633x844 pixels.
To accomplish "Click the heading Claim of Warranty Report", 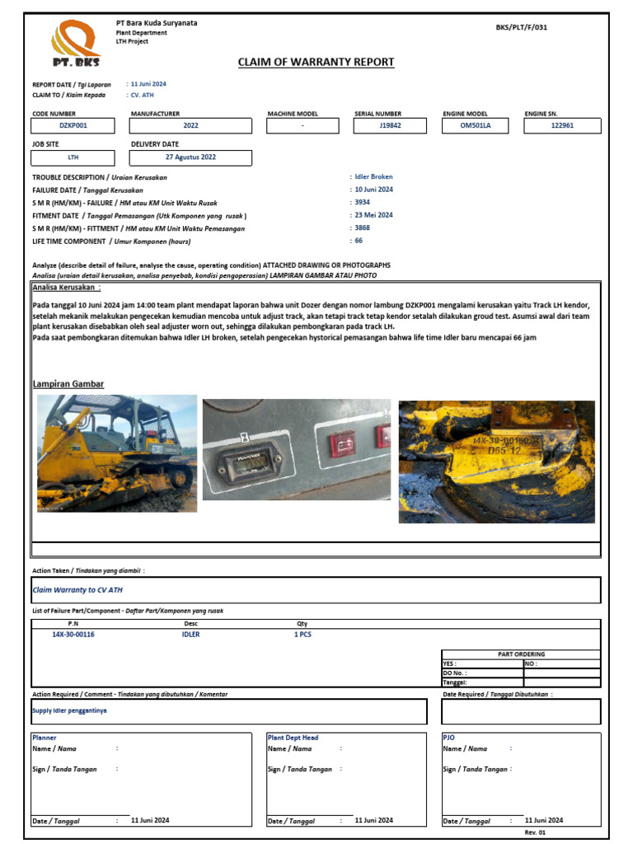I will pyautogui.click(x=316, y=62).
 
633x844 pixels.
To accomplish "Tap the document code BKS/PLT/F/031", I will pyautogui.click(x=521, y=27).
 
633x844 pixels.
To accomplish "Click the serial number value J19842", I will pyautogui.click(x=390, y=126).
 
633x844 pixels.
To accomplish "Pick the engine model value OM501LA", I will pyautogui.click(x=476, y=126).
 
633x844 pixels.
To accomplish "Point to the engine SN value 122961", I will pyautogui.click(x=562, y=126).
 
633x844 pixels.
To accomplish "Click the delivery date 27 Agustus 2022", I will pyautogui.click(x=191, y=157).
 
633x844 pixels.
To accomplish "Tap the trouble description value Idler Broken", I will pyautogui.click(x=373, y=176).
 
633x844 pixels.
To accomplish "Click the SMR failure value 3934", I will pyautogui.click(x=363, y=202).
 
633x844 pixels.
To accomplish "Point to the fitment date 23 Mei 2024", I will pyautogui.click(x=373, y=215).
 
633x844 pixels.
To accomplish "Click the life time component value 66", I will pyautogui.click(x=359, y=241).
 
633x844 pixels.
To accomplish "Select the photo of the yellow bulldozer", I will pyautogui.click(x=117, y=452).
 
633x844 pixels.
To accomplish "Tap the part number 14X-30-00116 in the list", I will pyautogui.click(x=73, y=635).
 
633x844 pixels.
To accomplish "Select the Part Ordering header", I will pyautogui.click(x=521, y=654).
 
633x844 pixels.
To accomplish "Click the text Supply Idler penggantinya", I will pyautogui.click(x=69, y=710).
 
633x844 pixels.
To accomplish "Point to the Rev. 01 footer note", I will pyautogui.click(x=537, y=832).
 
